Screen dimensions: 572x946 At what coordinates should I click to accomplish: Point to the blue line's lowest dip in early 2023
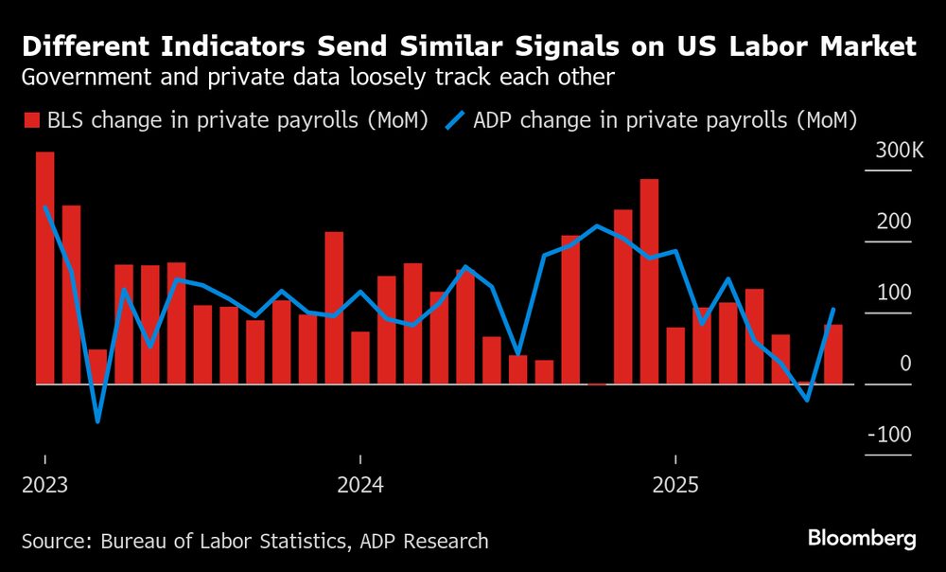[x=97, y=420]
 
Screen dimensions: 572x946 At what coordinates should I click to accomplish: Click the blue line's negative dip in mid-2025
[x=807, y=400]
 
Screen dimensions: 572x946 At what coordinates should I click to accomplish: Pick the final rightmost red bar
[x=833, y=354]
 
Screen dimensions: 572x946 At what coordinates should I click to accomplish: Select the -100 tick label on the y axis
[x=891, y=435]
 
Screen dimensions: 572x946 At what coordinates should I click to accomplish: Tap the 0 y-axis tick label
[x=905, y=364]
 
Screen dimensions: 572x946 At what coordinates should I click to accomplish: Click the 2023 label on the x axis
[x=44, y=486]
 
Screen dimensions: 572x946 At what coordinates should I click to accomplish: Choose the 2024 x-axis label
[x=360, y=486]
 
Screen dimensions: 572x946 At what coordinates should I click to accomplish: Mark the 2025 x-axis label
[x=675, y=486]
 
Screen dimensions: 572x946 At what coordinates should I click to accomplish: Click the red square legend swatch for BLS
[x=31, y=120]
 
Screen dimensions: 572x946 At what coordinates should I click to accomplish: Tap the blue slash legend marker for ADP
[x=455, y=120]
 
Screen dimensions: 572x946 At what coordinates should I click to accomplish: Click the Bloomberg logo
[x=862, y=539]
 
